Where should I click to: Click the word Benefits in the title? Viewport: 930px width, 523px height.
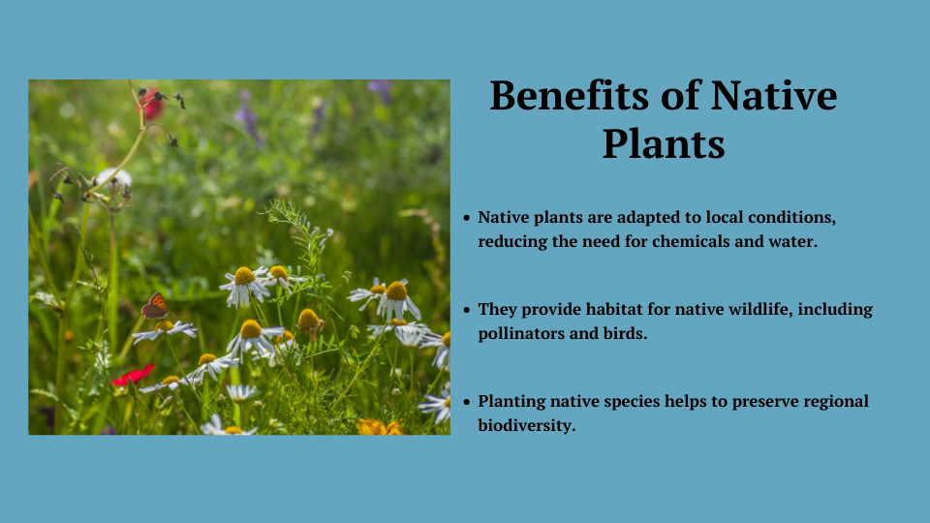[569, 96]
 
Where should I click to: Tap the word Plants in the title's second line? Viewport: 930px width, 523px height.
[664, 144]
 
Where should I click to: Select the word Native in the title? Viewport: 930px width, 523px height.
[773, 96]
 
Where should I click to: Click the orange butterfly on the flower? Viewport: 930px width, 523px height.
[155, 306]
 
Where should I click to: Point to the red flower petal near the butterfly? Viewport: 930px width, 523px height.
[134, 376]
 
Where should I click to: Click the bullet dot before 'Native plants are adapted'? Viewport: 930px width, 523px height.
[467, 218]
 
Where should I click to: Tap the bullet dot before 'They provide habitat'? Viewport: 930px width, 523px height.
[467, 310]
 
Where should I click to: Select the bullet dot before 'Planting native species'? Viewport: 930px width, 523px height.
[467, 402]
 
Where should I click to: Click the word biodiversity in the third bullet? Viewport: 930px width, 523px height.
[527, 426]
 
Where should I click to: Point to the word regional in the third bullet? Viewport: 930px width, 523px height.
[836, 402]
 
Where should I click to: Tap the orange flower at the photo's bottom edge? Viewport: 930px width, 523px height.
[379, 427]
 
